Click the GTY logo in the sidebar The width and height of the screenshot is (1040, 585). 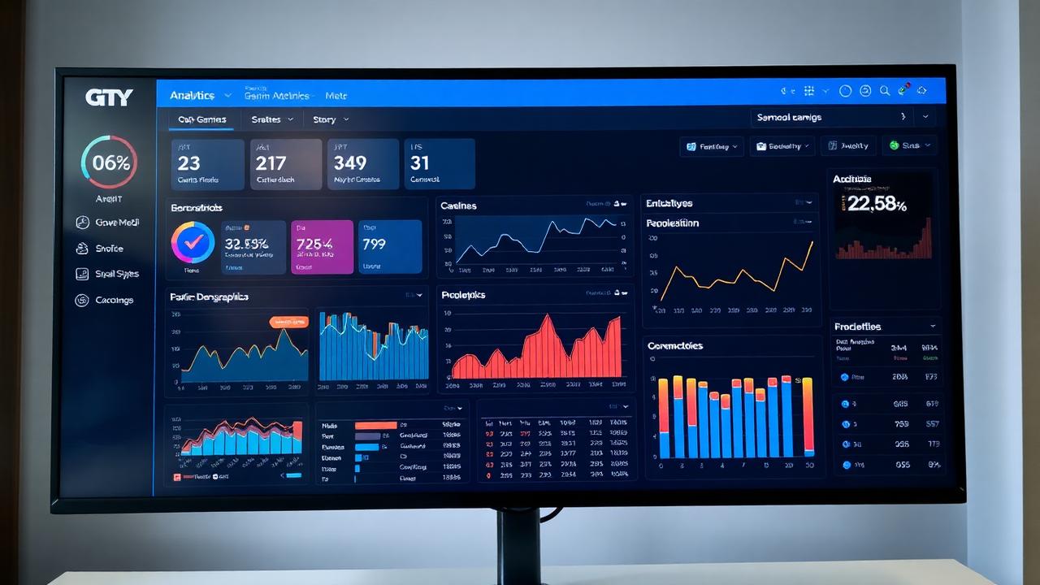pyautogui.click(x=109, y=97)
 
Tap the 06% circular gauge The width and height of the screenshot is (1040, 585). pyautogui.click(x=110, y=162)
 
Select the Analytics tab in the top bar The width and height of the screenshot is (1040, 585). pyautogui.click(x=193, y=95)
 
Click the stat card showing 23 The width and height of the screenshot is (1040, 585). pyautogui.click(x=208, y=164)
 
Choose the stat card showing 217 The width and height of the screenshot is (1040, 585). pyautogui.click(x=286, y=164)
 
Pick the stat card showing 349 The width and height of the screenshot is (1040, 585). pyautogui.click(x=363, y=164)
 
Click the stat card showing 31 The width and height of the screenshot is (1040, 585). pyautogui.click(x=440, y=164)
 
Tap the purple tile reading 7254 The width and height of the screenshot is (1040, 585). pyautogui.click(x=322, y=247)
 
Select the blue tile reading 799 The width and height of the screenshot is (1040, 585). pyautogui.click(x=390, y=247)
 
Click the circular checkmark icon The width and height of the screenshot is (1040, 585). pyautogui.click(x=193, y=242)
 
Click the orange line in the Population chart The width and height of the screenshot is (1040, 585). pyautogui.click(x=735, y=276)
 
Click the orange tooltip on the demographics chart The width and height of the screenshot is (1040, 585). pyautogui.click(x=288, y=323)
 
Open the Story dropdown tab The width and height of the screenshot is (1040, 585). pyautogui.click(x=330, y=119)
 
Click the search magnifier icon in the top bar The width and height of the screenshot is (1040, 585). pyautogui.click(x=885, y=91)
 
